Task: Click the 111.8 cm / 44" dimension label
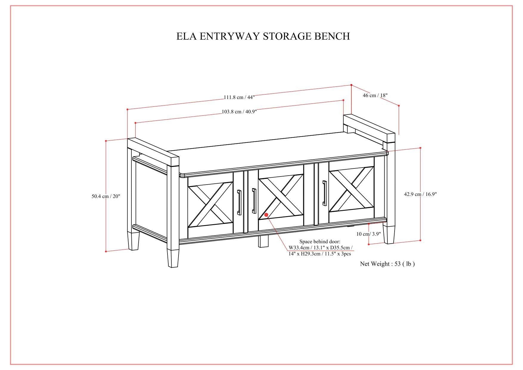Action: coord(239,97)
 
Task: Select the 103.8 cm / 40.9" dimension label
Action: coord(239,112)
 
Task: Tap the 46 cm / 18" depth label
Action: coord(375,95)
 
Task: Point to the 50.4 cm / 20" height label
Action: coord(106,196)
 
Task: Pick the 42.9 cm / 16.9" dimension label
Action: coord(420,194)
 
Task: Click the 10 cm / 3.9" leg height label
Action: coord(369,234)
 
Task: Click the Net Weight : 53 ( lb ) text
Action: coord(387,264)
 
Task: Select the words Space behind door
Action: coord(319,241)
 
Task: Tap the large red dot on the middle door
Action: coord(266,215)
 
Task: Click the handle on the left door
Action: coord(239,202)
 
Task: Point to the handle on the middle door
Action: coord(254,201)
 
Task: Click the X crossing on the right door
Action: coord(352,189)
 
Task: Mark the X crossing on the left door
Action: coord(211,205)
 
